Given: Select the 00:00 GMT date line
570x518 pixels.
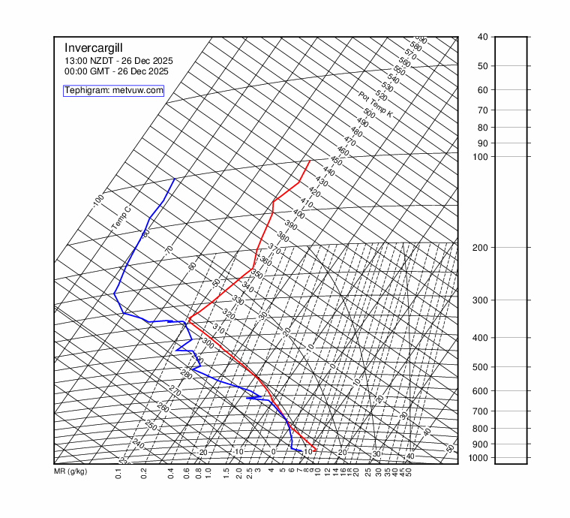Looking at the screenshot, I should tap(116, 71).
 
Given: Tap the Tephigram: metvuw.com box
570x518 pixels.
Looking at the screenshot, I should tap(113, 90).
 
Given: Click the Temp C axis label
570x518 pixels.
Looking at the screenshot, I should tap(121, 218).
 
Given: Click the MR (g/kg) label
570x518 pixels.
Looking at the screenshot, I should tap(70, 471).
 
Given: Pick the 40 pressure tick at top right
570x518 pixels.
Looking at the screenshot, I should tap(482, 37).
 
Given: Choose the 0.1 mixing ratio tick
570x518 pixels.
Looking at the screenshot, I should tap(118, 474).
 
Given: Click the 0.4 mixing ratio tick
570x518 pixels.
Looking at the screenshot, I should tap(171, 474).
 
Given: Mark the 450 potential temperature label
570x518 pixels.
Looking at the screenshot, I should tap(336, 161).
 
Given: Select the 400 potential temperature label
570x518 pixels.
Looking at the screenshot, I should tap(298, 214).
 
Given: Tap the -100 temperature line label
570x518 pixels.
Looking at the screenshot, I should tap(98, 200).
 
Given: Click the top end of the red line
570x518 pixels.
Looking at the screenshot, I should tap(310, 160).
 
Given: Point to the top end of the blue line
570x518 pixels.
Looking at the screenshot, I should tap(175, 179).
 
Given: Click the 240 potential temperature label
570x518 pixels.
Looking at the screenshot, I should tap(137, 444).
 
